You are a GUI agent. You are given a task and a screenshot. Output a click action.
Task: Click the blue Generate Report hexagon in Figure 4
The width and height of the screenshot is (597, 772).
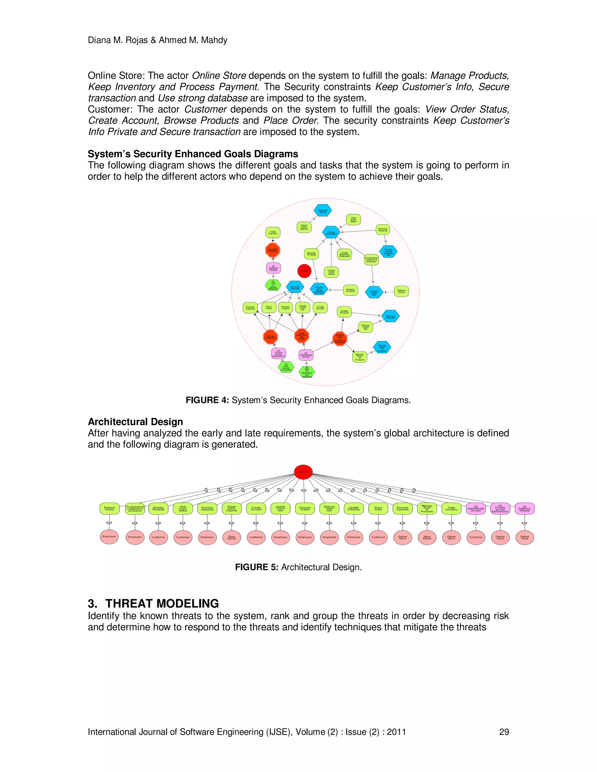[x=323, y=211]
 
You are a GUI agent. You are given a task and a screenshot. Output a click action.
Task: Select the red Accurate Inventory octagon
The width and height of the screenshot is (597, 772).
[x=273, y=250]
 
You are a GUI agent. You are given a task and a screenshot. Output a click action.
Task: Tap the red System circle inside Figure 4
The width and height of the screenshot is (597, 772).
[x=304, y=271]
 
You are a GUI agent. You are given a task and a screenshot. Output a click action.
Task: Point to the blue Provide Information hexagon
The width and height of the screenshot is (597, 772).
[x=331, y=232]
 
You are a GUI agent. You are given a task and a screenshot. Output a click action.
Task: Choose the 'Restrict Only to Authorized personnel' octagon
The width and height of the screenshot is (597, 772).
[x=340, y=339]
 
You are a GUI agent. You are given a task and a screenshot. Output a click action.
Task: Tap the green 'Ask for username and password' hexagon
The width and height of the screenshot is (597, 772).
[x=307, y=372]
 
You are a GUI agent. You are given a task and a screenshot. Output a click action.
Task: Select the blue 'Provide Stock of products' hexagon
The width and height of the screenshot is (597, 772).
[x=382, y=348]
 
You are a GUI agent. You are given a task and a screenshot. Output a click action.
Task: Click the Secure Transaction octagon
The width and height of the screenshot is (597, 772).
[x=271, y=337]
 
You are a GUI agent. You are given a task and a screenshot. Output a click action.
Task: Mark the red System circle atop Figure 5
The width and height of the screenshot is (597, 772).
[x=303, y=472]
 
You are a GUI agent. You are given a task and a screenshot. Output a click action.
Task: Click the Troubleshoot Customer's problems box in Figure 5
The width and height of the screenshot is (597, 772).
[x=135, y=509]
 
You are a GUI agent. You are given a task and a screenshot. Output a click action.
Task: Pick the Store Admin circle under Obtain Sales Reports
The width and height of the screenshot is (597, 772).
[x=232, y=537]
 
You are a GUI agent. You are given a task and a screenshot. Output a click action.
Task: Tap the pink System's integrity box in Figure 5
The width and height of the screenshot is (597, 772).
[x=524, y=509]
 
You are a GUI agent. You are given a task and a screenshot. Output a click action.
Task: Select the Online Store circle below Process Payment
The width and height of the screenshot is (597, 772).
[x=403, y=537]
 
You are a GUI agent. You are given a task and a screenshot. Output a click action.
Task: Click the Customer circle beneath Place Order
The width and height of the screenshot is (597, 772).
[x=378, y=537]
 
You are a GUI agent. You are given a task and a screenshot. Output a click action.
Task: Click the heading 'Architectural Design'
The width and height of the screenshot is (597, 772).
[x=136, y=422]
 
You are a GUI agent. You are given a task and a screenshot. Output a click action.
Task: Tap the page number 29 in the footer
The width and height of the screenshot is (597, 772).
[x=504, y=732]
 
